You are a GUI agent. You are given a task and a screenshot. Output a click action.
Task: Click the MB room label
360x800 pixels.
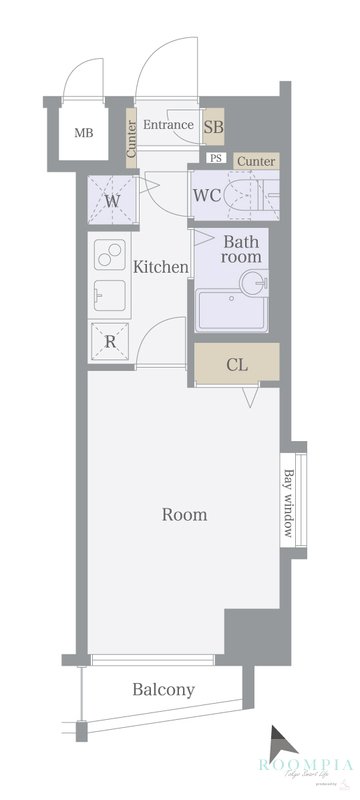coord(84,130)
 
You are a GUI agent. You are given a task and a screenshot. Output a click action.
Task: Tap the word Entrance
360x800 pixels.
coord(168,125)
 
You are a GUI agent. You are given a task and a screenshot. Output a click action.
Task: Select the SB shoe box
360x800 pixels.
coord(213,127)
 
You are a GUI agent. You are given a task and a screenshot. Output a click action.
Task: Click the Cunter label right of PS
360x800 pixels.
coord(257,160)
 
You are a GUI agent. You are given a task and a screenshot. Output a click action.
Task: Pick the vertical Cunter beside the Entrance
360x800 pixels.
coord(131,140)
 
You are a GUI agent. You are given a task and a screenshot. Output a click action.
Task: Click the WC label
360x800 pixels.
coord(207,194)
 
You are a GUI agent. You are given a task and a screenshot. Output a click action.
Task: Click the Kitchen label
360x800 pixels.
coord(160,267)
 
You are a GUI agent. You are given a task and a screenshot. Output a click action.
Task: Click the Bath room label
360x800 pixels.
coord(241,249)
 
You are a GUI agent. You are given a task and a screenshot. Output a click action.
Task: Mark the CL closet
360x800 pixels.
coord(236,363)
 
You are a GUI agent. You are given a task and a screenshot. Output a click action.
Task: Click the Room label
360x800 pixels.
coord(185,515)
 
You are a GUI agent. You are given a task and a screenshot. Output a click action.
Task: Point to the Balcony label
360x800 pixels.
coord(163,690)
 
